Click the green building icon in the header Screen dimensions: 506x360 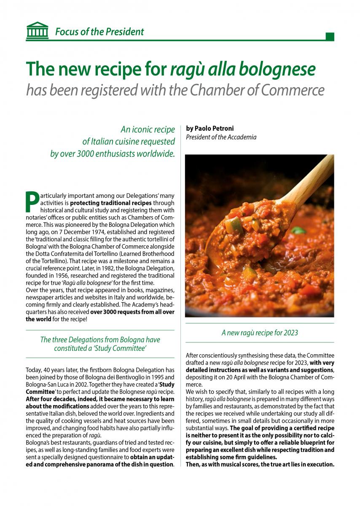point(37,31)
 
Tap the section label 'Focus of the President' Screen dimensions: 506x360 point(99,32)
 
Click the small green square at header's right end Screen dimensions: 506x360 point(330,37)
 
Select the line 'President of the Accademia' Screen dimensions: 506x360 point(221,137)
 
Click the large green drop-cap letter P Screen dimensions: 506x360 point(32,202)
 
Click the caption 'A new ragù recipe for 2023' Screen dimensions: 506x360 point(260,333)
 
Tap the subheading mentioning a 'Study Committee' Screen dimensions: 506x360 point(100,344)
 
